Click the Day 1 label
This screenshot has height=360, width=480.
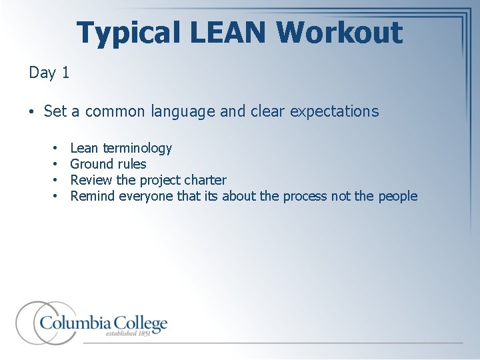pyautogui.click(x=49, y=73)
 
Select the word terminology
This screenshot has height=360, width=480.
pyautogui.click(x=137, y=148)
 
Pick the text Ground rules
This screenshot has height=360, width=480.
pyautogui.click(x=108, y=164)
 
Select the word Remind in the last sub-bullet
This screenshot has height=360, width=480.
pyautogui.click(x=92, y=196)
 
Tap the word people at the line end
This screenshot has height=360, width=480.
pyautogui.click(x=397, y=196)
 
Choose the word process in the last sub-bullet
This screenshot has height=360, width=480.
pyautogui.click(x=304, y=196)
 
